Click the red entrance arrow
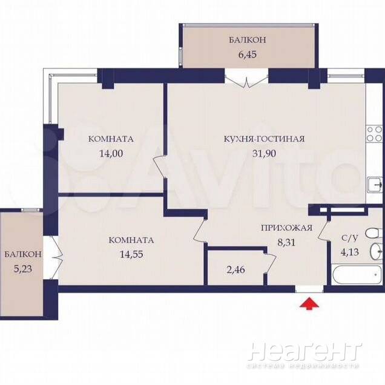[309, 304]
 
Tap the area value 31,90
[264, 154]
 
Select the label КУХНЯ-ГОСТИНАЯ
[264, 139]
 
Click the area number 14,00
[111, 154]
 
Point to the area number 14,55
[131, 254]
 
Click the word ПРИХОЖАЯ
[286, 228]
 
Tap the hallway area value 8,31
[286, 242]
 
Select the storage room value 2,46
[236, 269]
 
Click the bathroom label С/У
[350, 238]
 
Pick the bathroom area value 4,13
[350, 252]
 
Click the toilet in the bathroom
[375, 233]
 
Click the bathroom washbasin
[377, 251]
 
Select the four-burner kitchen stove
[375, 134]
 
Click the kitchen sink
[375, 186]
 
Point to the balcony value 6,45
[248, 54]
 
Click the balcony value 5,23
[23, 269]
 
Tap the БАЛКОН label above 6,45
[248, 40]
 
